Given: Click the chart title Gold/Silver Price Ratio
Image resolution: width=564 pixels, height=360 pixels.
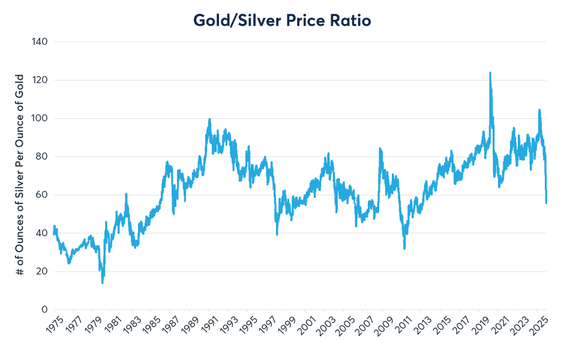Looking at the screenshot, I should pos(282,20).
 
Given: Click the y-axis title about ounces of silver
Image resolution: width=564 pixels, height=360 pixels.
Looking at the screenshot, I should pos(20,175).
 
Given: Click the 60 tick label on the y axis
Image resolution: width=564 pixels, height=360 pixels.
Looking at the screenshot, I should pos(42,195).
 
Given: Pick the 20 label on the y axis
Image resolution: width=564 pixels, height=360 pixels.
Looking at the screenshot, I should pos(42,272).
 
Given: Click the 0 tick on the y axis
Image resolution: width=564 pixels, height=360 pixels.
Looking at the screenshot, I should pos(44,310).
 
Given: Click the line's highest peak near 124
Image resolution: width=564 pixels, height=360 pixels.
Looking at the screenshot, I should pos(490,73).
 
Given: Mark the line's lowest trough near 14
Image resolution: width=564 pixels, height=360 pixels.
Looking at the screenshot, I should pos(103,283).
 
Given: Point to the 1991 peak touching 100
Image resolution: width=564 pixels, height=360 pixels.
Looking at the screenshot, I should pos(209,119).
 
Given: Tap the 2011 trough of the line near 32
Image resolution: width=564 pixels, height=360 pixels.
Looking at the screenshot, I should pos(404,248).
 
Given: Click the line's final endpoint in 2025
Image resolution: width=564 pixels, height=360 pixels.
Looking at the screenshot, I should pos(547,202).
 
